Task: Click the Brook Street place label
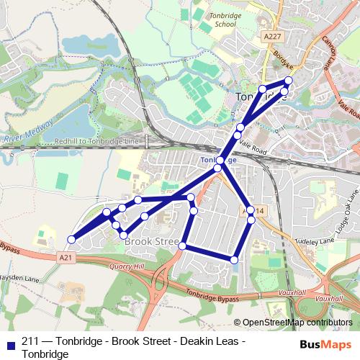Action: click(151, 243)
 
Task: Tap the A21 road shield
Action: click(67, 256)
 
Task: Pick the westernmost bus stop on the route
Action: click(71, 239)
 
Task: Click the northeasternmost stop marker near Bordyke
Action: click(289, 81)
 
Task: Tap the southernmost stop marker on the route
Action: click(234, 259)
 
